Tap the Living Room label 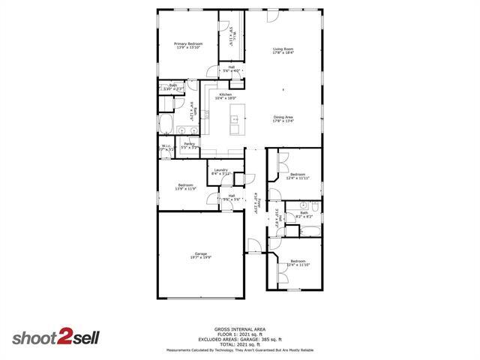point(283,50)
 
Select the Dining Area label point(283,118)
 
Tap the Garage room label point(200,255)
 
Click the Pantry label point(190,145)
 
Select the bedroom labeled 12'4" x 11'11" point(298,175)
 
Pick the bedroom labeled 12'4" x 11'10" point(298,262)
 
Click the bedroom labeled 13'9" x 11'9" point(186,187)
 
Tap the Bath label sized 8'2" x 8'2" point(304,214)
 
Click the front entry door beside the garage point(254,245)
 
